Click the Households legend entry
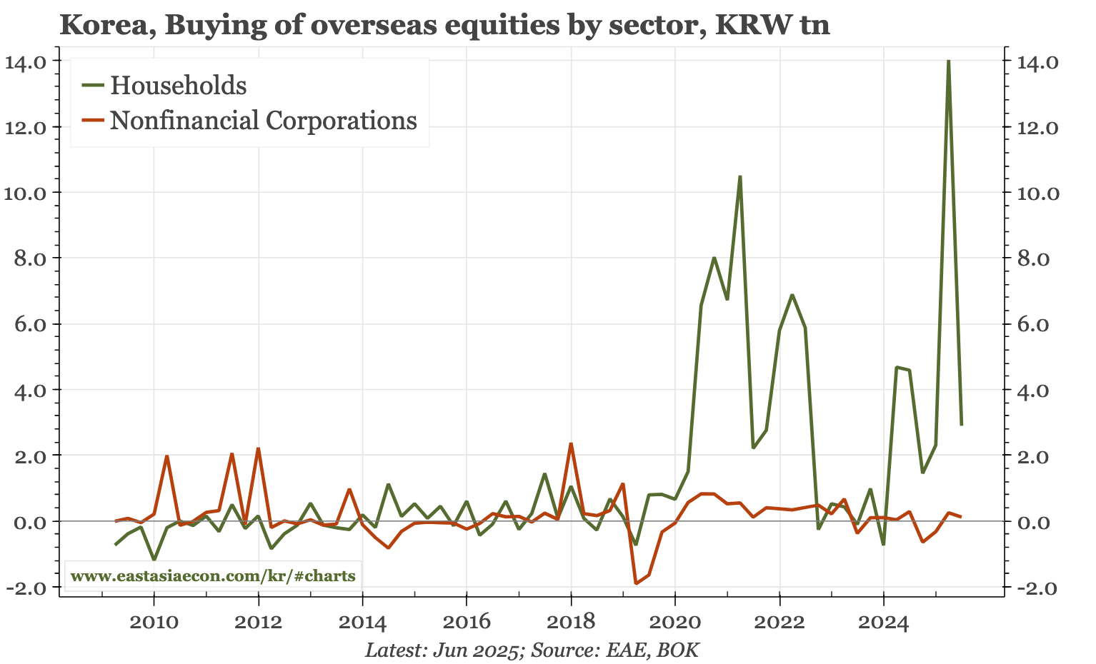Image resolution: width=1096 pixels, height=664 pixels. (x=178, y=86)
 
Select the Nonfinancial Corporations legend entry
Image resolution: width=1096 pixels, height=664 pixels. (x=263, y=120)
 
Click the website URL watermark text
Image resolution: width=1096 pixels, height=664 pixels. (x=213, y=575)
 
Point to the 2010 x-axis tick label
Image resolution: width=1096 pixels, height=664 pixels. (x=154, y=623)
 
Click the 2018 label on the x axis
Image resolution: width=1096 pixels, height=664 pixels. (x=570, y=623)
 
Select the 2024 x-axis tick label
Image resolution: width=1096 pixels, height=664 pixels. (x=883, y=623)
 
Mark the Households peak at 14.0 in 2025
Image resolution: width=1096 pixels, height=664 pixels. (x=948, y=61)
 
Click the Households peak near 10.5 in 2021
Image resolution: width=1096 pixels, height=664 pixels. (x=740, y=176)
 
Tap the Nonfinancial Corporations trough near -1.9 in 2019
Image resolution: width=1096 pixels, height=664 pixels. (x=636, y=583)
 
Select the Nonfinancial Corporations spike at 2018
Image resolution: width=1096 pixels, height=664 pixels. (x=571, y=444)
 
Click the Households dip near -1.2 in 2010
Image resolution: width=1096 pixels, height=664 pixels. (x=154, y=559)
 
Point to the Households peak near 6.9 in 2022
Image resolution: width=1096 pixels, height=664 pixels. (x=792, y=295)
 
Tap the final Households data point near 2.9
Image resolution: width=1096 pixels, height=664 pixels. (x=961, y=425)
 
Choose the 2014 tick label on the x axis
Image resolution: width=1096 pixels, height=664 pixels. (x=362, y=623)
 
